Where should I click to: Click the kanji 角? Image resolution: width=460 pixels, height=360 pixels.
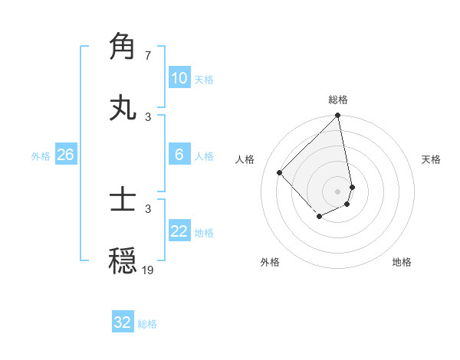[x=123, y=47]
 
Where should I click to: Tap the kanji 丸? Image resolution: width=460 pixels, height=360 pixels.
[x=123, y=108]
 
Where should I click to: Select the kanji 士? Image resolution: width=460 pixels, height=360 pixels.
[x=123, y=200]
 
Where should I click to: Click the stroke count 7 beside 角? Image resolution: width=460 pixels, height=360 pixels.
[x=148, y=56]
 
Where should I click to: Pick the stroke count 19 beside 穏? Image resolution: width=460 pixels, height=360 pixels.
[x=148, y=270]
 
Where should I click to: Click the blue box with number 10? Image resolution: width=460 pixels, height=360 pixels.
[x=179, y=78]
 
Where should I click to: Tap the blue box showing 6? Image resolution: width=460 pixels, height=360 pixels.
[x=179, y=155]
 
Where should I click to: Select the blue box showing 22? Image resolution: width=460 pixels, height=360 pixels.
[x=179, y=231]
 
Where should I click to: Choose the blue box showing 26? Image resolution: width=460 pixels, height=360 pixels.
[x=65, y=155]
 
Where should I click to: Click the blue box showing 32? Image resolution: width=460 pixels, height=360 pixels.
[x=123, y=322]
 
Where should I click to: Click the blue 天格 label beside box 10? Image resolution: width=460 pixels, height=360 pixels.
[x=203, y=80]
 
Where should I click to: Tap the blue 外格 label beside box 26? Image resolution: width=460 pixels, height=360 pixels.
[x=41, y=156]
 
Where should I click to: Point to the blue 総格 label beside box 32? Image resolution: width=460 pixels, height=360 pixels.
[x=147, y=324]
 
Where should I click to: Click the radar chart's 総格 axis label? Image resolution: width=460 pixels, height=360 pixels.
[x=338, y=100]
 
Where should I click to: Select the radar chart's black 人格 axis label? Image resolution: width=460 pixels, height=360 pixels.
[x=245, y=159]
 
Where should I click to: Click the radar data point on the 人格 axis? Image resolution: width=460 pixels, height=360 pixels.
[x=280, y=172]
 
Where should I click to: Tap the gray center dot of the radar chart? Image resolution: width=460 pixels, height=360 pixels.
[x=338, y=191]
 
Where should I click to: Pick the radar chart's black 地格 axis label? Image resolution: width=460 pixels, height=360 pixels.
[x=402, y=262]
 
